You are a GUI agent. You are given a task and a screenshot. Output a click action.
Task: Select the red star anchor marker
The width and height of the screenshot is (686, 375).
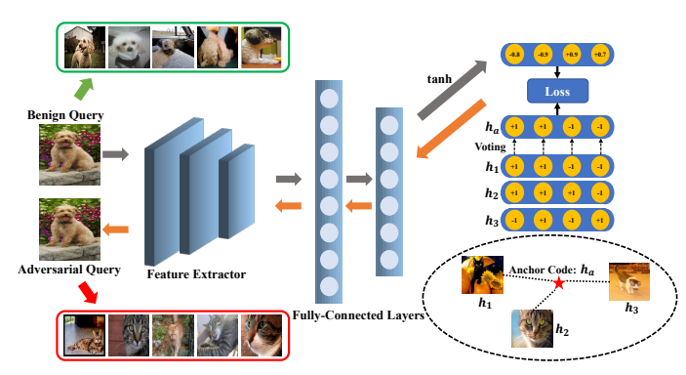click(558, 283)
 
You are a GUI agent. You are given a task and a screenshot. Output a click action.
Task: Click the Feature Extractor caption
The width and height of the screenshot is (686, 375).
click(195, 274)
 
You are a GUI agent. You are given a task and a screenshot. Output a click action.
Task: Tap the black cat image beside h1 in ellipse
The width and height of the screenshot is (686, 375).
click(482, 274)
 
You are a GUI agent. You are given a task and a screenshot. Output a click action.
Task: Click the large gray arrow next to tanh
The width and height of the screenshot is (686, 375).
click(450, 89)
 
